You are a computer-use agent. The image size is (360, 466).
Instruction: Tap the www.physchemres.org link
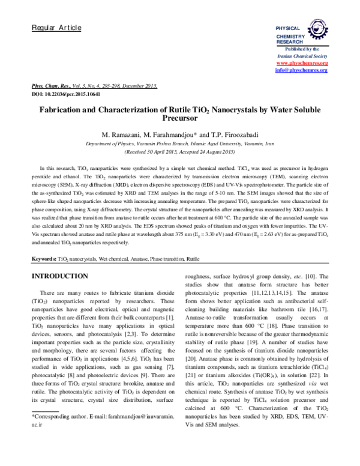(x=301, y=63)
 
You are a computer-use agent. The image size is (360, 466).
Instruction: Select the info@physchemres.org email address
(x=301, y=70)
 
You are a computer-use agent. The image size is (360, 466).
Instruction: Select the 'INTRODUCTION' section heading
(x=59, y=276)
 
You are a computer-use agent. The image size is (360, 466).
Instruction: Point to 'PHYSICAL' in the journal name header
(x=287, y=29)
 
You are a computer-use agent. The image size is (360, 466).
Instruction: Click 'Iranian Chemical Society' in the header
(x=301, y=55)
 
